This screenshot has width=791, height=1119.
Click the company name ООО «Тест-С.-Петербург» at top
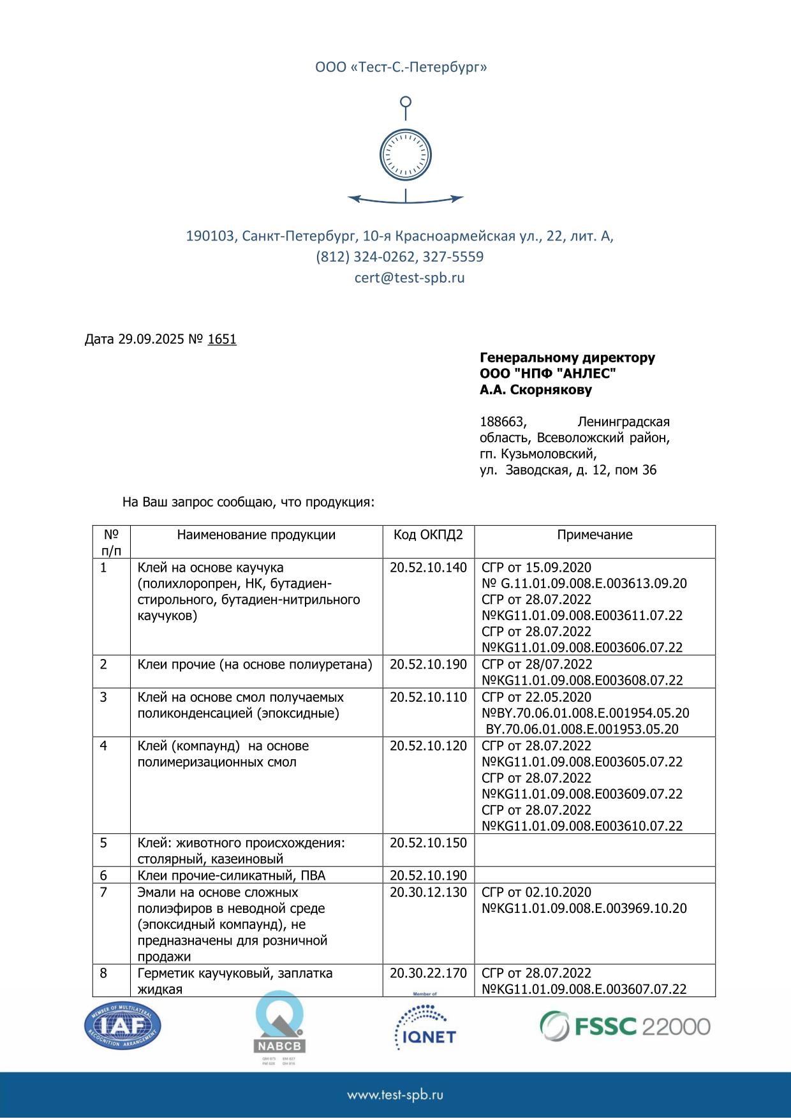pyautogui.click(x=401, y=67)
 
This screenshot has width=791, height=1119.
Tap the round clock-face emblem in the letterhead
pyautogui.click(x=406, y=154)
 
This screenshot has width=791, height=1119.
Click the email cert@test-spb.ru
pyautogui.click(x=410, y=278)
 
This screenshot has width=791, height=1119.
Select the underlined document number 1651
pyautogui.click(x=222, y=339)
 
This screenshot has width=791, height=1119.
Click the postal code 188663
pyautogui.click(x=503, y=422)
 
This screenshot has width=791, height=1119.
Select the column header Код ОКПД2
pyautogui.click(x=428, y=535)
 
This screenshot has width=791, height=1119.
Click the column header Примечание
pyautogui.click(x=595, y=535)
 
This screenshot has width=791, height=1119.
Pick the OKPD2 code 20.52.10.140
pyautogui.click(x=428, y=568)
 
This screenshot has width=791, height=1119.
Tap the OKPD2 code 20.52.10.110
pyautogui.click(x=428, y=697)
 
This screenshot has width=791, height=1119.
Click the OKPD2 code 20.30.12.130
pyautogui.click(x=428, y=893)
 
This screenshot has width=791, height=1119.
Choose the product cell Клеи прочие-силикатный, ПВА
pyautogui.click(x=232, y=875)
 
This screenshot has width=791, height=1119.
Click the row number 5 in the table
pyautogui.click(x=104, y=843)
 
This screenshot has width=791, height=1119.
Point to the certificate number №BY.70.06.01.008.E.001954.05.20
pyautogui.click(x=586, y=713)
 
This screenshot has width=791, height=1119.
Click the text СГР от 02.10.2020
pyautogui.click(x=536, y=893)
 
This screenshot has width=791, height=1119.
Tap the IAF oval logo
pyautogui.click(x=122, y=1026)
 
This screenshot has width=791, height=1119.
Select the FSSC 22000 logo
pyautogui.click(x=625, y=1026)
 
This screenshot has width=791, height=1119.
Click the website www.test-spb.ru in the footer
pyautogui.click(x=395, y=1095)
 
